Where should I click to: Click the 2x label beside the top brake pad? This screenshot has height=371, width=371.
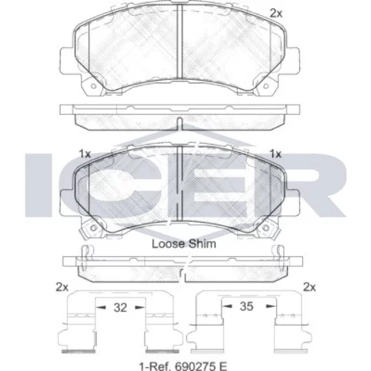pos(276,13)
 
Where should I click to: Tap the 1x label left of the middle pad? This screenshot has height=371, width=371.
pos(85,154)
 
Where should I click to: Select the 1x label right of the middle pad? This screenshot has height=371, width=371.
pos(275,154)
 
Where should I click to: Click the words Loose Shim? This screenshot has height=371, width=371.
pos(184,244)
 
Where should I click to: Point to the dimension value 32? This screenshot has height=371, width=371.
pos(120,307)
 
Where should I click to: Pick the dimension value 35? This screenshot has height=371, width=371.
pos(246,306)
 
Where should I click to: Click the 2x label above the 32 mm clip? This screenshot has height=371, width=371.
pos(62,287)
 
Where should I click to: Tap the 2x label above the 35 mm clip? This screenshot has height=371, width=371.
pos(309,287)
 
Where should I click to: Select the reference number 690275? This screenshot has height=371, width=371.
pos(194,367)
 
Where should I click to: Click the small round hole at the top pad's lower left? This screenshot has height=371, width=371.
pos(93,86)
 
